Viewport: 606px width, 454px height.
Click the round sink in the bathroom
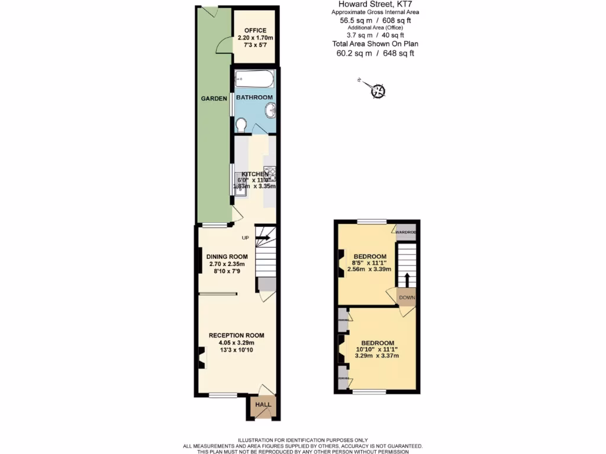(x=269, y=109)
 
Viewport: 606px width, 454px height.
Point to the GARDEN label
(x=214, y=99)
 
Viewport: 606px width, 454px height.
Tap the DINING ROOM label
(x=227, y=257)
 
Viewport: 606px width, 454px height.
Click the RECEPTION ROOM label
(x=236, y=335)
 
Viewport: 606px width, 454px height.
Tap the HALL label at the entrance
(x=263, y=405)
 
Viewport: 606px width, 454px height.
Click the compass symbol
(x=378, y=91)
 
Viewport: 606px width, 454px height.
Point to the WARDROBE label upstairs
(x=406, y=232)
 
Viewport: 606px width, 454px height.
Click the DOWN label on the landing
(x=407, y=297)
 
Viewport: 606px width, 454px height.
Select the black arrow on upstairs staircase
(x=407, y=279)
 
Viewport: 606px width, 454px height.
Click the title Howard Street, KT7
(x=371, y=5)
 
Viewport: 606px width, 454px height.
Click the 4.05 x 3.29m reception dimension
(x=236, y=343)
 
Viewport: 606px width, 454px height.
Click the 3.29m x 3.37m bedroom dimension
(x=376, y=356)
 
